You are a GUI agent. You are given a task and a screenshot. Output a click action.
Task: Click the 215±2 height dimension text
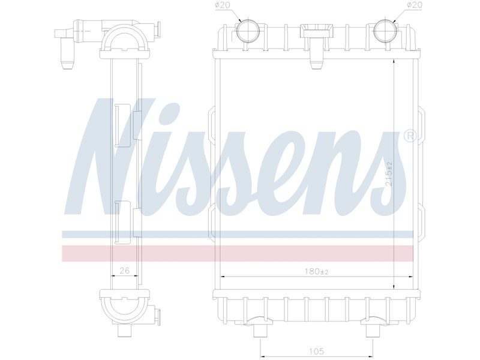click(x=389, y=174)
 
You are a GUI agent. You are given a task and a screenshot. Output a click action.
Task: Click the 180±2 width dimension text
click(x=317, y=271)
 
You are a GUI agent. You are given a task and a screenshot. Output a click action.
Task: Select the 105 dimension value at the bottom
click(x=317, y=351)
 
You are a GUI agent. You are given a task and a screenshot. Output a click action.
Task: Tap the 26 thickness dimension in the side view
click(x=124, y=271)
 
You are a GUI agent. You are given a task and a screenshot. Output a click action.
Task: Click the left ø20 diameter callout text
click(x=223, y=5)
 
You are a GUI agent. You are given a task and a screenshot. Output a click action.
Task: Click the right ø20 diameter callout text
click(x=415, y=5)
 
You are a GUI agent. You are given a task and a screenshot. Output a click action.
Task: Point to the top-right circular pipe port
click(x=386, y=31)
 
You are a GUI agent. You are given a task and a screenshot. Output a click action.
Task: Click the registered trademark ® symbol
click(x=410, y=136)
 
